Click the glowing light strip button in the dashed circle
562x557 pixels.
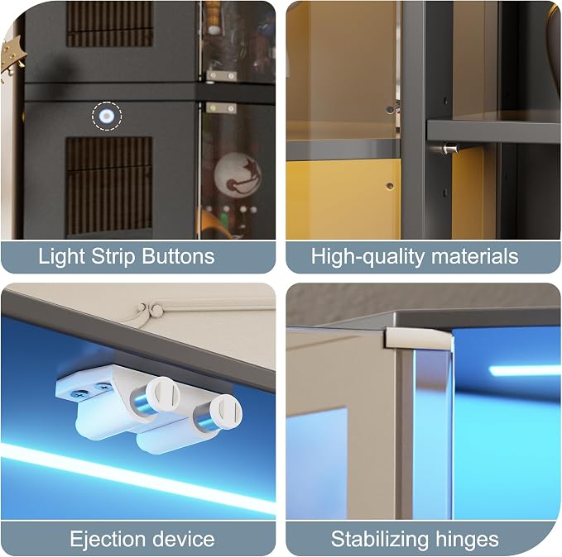[x=107, y=116]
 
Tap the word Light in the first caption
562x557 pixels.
[x=62, y=256]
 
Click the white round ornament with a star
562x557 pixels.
[x=237, y=174]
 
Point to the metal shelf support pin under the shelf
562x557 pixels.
[x=449, y=147]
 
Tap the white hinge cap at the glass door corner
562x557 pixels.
[x=418, y=338]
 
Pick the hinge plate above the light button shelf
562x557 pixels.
[x=222, y=75]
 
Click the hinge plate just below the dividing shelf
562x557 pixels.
[x=221, y=107]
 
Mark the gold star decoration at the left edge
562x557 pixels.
[x=12, y=57]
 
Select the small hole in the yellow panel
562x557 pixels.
[x=390, y=186]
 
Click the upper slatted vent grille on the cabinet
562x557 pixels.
[x=109, y=24]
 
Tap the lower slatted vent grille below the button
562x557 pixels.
[x=108, y=186]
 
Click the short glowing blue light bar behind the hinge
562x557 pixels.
[x=525, y=370]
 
